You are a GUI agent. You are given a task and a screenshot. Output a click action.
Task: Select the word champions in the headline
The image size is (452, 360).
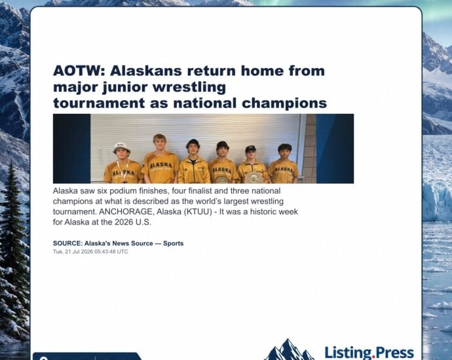(x=284, y=103)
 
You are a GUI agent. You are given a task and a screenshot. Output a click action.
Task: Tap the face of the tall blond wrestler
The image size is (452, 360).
(x=159, y=144)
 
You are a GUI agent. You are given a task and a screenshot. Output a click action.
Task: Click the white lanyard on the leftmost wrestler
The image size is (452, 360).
(x=123, y=171)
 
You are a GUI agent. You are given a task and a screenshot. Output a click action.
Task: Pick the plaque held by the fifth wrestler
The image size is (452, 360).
(x=254, y=177)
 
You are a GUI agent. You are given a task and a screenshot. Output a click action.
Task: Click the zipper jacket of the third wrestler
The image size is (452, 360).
(x=194, y=170)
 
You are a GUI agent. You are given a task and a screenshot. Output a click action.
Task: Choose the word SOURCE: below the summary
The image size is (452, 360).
(x=67, y=243)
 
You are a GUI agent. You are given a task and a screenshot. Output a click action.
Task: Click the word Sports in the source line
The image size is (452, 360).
(x=173, y=243)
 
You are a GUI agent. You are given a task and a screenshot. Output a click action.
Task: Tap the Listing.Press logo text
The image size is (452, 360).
(x=369, y=353)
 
